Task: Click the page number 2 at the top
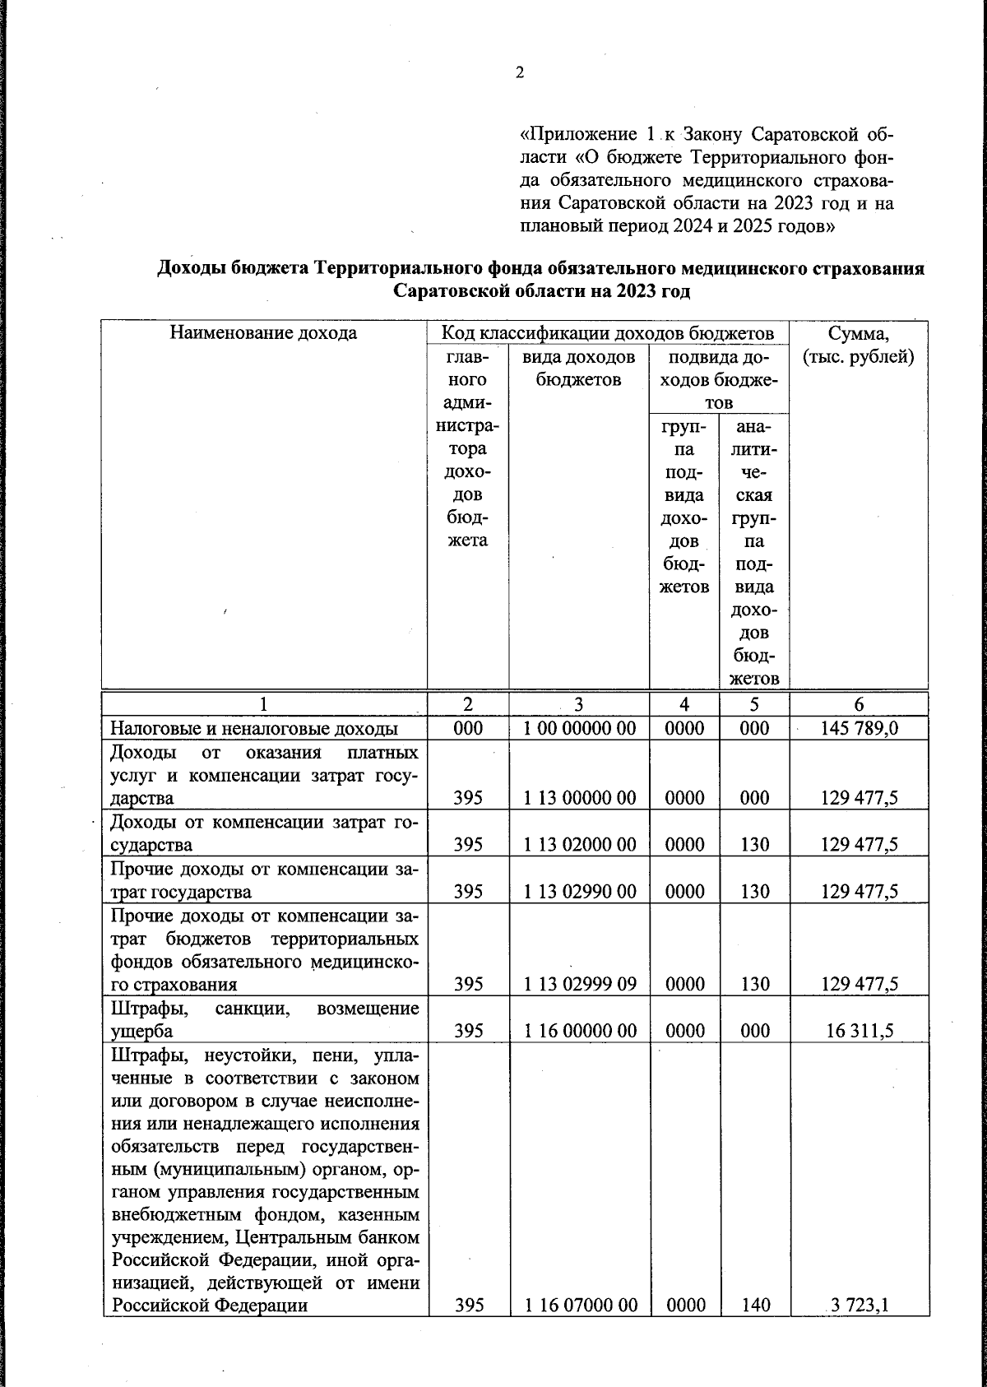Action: pos(520,72)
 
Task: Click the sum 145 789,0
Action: pos(859,728)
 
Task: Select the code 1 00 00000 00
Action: pos(579,728)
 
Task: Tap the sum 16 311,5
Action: pos(859,1031)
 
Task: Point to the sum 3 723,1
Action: pos(861,1305)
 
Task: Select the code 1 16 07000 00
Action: pos(579,1305)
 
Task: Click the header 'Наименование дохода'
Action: pos(263,333)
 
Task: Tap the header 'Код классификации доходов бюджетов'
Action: pos(607,333)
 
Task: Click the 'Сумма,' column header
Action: pos(859,333)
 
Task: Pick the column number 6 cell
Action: pos(859,704)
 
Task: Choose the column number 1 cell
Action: pos(263,704)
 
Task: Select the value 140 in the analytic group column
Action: pos(753,1305)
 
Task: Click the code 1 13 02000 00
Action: pos(579,844)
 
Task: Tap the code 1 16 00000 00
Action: pos(579,1031)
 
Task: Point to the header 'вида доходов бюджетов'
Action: pos(579,369)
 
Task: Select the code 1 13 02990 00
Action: pos(579,891)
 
